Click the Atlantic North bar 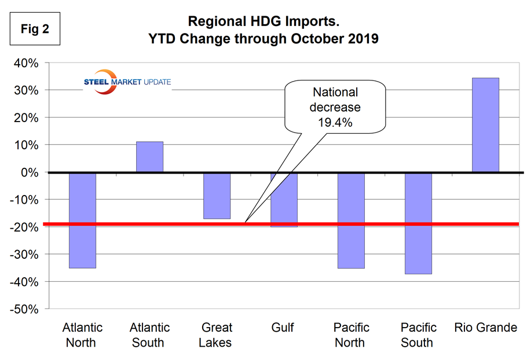pos(82,220)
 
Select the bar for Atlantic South pos(149,157)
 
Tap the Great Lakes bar pos(217,196)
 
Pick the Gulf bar pos(284,200)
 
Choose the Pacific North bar pos(351,220)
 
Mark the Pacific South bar pos(418,223)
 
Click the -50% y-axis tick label pos(24,309)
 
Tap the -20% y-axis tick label pos(24,227)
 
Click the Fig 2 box pos(35,30)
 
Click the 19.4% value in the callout pos(335,123)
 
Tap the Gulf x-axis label pos(283,328)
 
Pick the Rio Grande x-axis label pos(485,328)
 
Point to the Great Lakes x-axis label pos(217,335)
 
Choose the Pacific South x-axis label pos(418,335)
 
